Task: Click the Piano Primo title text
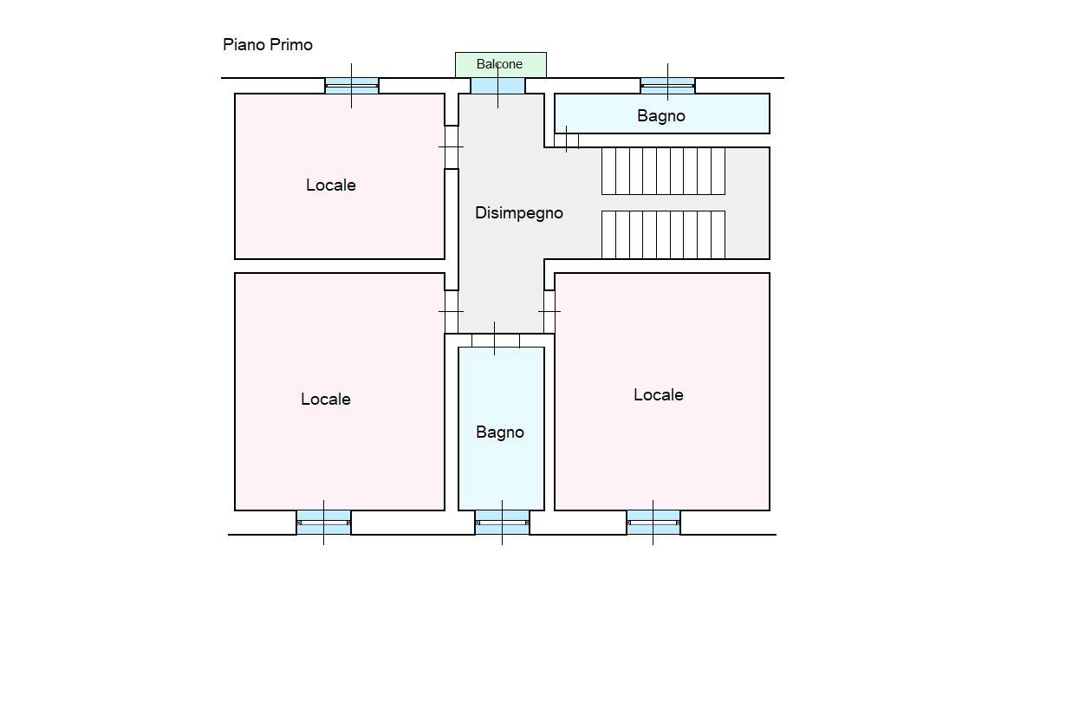tap(268, 45)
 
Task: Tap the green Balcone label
tap(499, 64)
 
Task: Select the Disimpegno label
tap(519, 213)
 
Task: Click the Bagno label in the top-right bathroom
tap(661, 115)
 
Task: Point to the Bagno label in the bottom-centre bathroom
tap(500, 432)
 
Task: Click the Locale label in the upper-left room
tap(331, 185)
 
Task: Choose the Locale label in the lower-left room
tap(326, 399)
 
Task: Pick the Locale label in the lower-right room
tap(658, 394)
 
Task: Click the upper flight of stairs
tap(663, 171)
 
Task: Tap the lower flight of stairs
tap(663, 235)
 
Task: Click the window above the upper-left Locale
tap(352, 86)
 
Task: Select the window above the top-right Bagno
tap(667, 86)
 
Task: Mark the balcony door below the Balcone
tap(497, 86)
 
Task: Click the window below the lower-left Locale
tap(323, 523)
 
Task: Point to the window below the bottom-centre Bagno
tap(502, 523)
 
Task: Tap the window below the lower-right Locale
tap(653, 523)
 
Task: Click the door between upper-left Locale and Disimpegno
tap(452, 147)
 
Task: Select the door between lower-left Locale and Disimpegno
tap(452, 311)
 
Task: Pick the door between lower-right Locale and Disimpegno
tap(549, 311)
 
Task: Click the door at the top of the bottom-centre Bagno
tap(496, 341)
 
